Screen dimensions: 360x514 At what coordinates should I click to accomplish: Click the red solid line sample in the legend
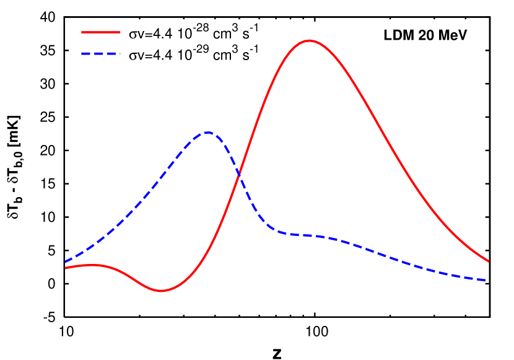(x=101, y=32)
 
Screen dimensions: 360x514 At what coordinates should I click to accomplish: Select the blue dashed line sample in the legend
(x=101, y=54)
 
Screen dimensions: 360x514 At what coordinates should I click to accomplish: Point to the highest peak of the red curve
(x=309, y=40)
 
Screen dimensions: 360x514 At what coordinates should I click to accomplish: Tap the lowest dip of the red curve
(x=162, y=291)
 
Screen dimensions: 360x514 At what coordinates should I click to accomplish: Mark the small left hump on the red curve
(x=92, y=265)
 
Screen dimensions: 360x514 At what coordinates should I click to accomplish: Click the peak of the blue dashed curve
(x=208, y=132)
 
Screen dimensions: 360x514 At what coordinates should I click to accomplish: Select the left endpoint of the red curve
(x=66, y=268)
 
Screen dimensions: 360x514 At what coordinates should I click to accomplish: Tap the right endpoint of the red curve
(x=489, y=261)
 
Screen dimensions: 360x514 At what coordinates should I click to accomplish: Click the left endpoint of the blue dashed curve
(x=66, y=262)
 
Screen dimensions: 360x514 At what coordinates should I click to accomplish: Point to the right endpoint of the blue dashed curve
(x=489, y=280)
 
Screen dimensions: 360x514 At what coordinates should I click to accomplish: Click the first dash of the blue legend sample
(x=86, y=54)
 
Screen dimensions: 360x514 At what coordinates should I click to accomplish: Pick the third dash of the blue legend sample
(x=110, y=54)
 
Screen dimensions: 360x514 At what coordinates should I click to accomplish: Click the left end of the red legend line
(x=82, y=32)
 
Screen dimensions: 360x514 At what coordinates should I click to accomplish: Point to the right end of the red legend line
(x=120, y=32)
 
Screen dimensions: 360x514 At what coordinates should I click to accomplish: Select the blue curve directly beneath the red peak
(x=309, y=235)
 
